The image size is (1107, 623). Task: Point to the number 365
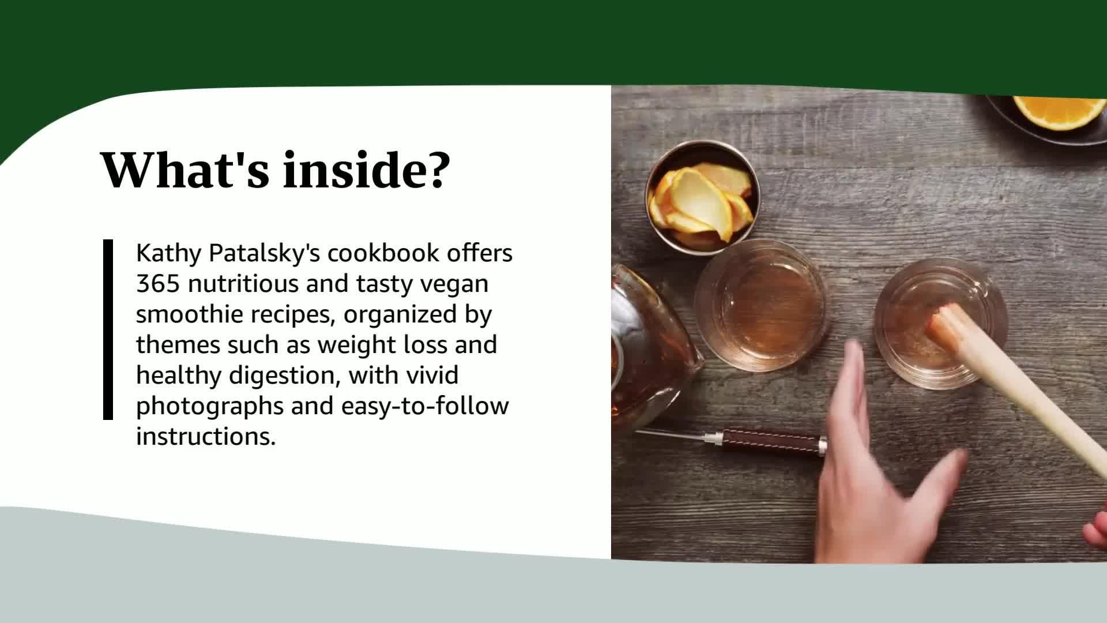pos(159,284)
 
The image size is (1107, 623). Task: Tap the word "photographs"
pos(210,406)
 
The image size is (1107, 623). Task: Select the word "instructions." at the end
pos(206,437)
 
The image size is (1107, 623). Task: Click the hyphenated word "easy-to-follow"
pos(425,406)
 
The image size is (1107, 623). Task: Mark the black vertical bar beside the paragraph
pos(108,329)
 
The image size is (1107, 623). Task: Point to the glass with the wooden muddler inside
pos(940,323)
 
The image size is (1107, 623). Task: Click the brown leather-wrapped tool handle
pos(773,443)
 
